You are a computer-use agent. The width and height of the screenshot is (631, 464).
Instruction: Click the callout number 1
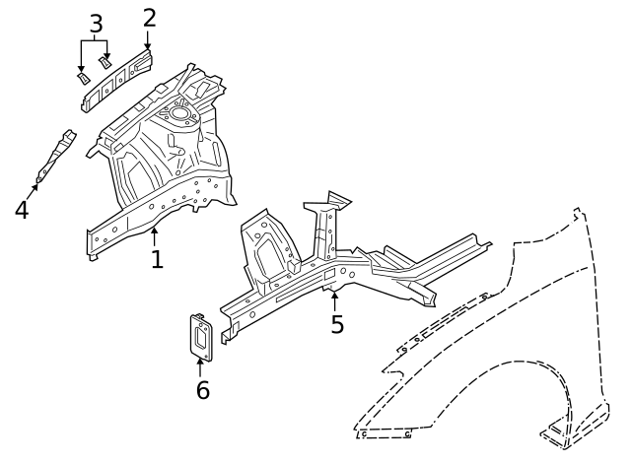click(156, 258)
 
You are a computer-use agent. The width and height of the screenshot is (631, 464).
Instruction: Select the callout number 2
click(149, 17)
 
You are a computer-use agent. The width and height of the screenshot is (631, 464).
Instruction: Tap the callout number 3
click(96, 23)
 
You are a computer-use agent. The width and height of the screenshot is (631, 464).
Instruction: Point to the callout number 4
click(22, 209)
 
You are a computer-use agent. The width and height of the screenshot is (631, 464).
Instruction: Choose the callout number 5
click(337, 324)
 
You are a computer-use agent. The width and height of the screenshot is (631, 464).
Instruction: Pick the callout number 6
click(202, 390)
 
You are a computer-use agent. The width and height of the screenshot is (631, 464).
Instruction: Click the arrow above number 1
click(155, 234)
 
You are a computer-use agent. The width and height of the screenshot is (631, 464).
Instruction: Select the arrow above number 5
click(336, 298)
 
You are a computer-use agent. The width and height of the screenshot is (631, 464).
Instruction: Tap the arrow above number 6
click(200, 365)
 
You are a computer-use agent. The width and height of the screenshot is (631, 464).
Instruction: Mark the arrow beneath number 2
click(148, 39)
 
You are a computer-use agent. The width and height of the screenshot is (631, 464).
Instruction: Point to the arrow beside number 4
click(34, 189)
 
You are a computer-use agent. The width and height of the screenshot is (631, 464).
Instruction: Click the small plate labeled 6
click(199, 336)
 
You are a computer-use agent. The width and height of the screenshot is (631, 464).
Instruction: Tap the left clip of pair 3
click(83, 76)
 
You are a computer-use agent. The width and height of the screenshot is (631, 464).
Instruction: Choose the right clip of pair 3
click(105, 61)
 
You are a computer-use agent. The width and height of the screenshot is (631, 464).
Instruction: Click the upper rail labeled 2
click(118, 79)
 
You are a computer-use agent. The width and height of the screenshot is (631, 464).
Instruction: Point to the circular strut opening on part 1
click(180, 114)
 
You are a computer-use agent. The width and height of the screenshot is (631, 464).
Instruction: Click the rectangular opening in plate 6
click(200, 338)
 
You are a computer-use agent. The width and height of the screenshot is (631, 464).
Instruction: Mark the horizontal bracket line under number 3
click(96, 40)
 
